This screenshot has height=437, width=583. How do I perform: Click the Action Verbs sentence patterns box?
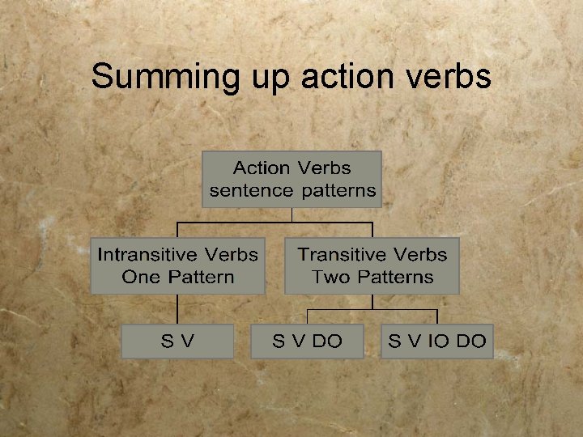coord(291,179)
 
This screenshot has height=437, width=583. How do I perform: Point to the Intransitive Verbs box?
coord(177,265)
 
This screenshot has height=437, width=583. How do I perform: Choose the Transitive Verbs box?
coord(372,265)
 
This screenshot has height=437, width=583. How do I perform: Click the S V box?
coord(177,341)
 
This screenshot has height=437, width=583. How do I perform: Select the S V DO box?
coord(307,341)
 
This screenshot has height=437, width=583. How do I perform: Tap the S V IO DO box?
coord(437,341)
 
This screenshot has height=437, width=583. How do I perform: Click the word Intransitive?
coord(150,254)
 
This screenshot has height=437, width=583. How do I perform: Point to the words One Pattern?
coord(177,277)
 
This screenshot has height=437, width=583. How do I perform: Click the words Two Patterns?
coord(372,277)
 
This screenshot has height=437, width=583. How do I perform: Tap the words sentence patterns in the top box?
coord(292,191)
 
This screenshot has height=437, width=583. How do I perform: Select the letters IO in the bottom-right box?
coord(438,341)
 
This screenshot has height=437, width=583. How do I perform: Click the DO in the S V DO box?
coord(327,341)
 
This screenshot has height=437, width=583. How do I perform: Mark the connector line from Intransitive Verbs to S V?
coord(177,308)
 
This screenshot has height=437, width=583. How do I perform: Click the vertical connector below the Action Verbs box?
coord(291,214)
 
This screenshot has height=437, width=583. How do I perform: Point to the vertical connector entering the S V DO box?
coord(307,316)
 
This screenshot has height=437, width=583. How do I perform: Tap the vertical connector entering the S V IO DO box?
coord(437,316)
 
